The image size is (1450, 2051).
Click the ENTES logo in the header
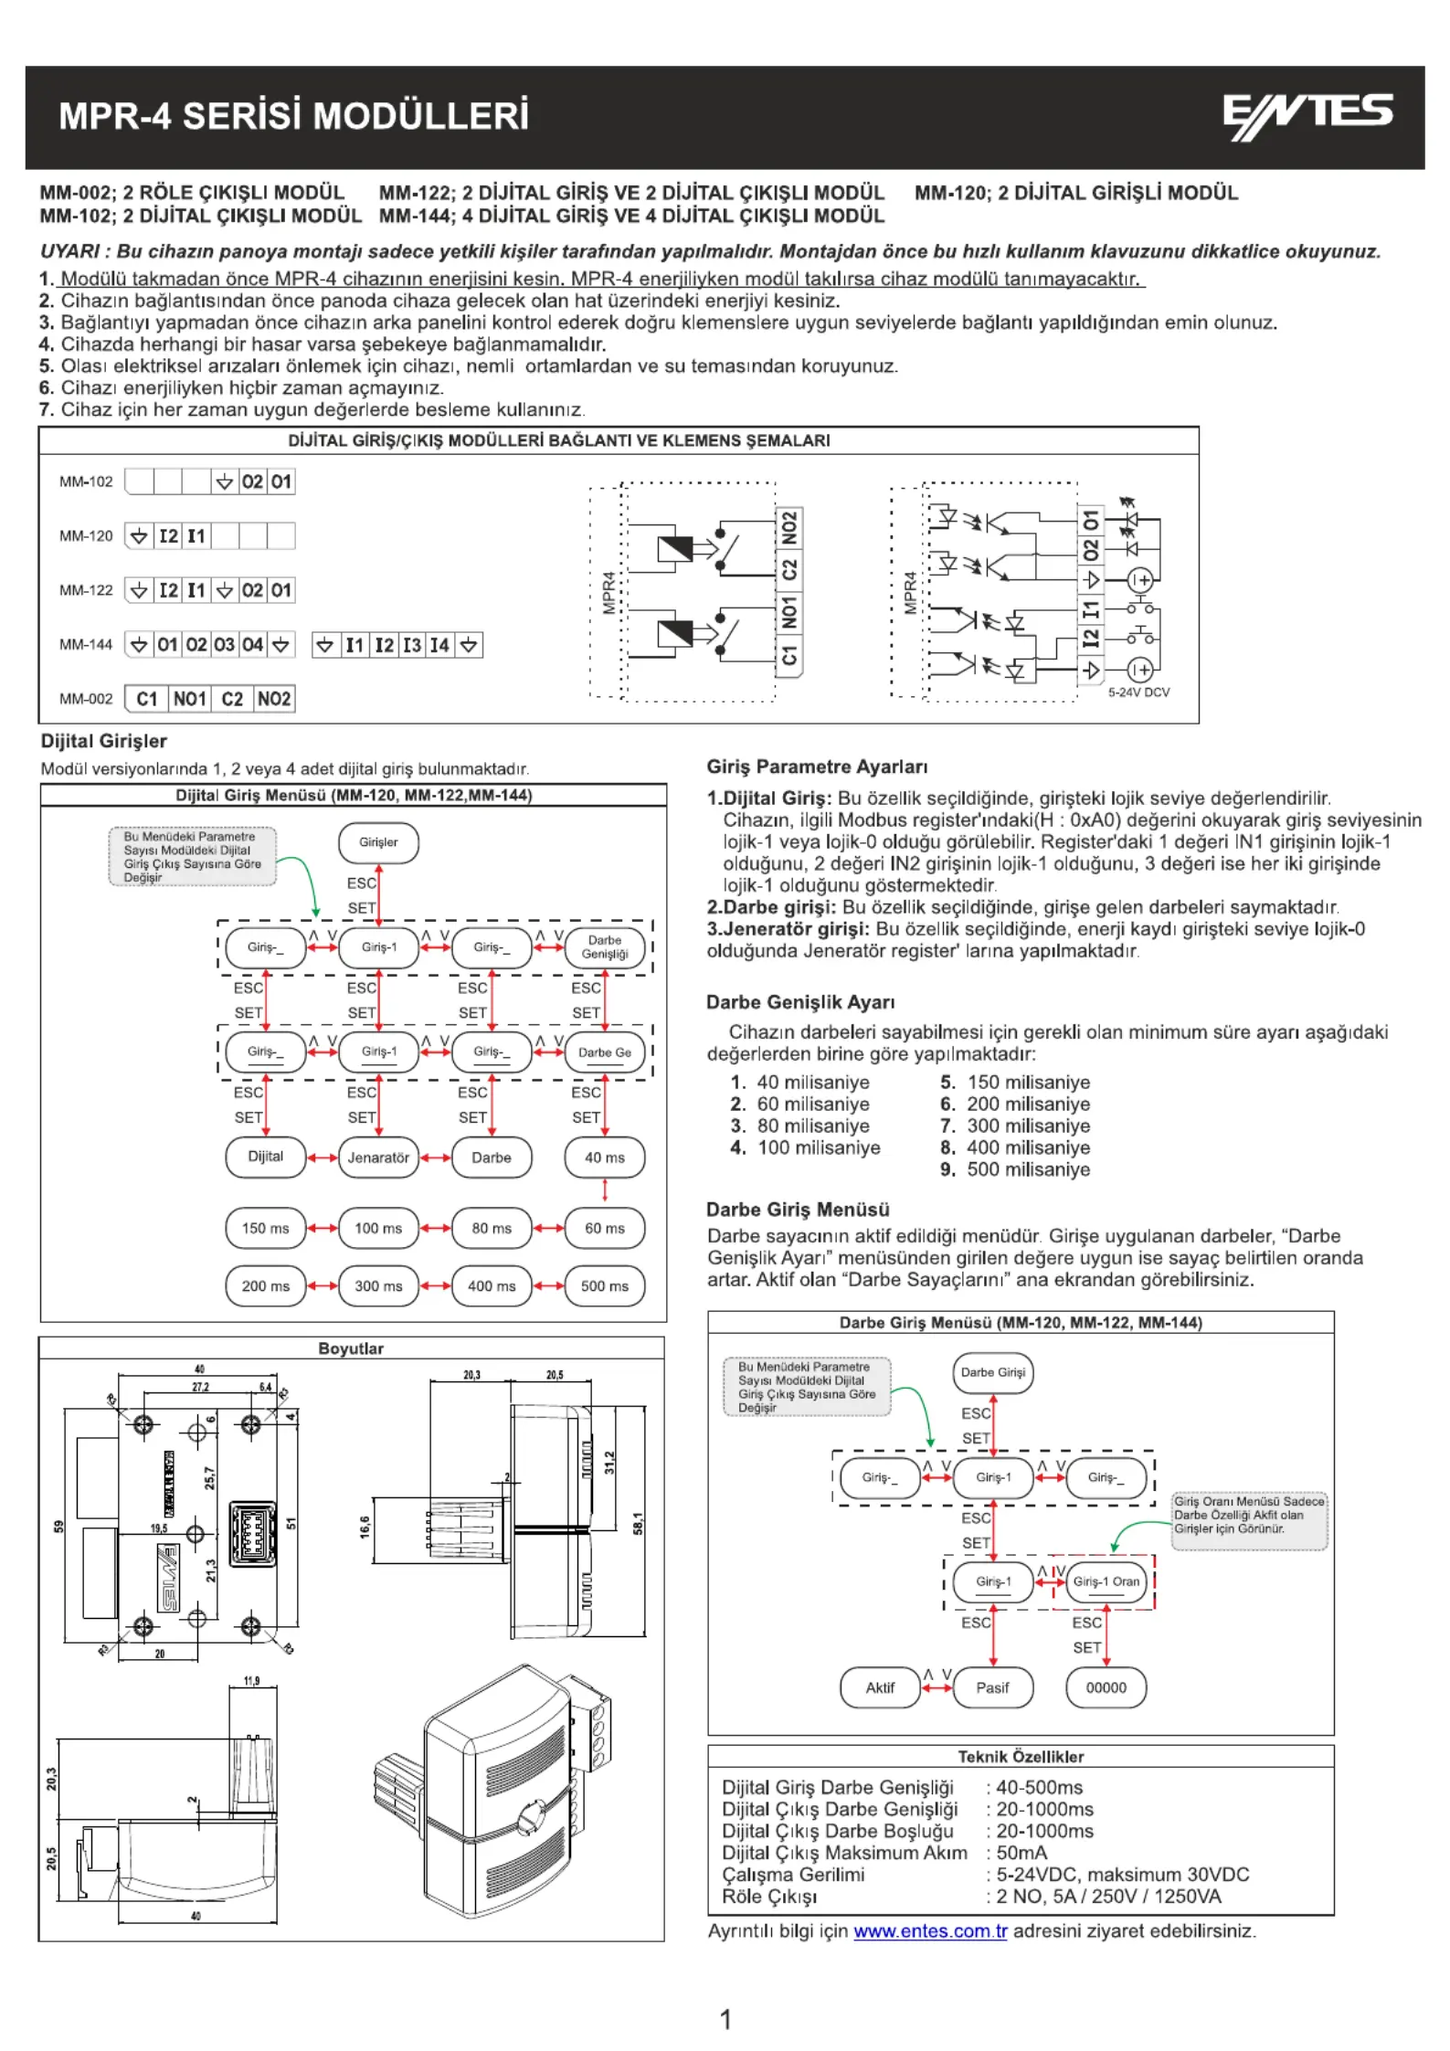tap(1307, 116)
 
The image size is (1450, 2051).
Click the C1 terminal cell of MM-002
tap(147, 699)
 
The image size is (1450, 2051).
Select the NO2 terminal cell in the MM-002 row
tap(274, 699)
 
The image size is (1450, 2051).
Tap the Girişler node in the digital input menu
tap(378, 842)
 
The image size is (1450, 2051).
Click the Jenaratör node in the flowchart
tap(378, 1158)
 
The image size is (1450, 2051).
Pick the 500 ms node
tap(605, 1286)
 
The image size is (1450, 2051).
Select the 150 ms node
tap(265, 1229)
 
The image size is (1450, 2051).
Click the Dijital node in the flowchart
tap(265, 1157)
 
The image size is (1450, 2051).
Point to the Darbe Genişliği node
tap(605, 947)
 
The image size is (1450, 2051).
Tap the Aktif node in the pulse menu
tap(880, 1687)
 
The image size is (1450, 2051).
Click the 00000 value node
tap(1106, 1687)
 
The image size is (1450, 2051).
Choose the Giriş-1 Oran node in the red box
tap(1106, 1581)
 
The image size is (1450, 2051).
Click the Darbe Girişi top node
tap(993, 1372)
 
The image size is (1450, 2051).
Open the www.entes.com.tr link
tap(930, 1931)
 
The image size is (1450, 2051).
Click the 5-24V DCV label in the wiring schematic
tap(1138, 692)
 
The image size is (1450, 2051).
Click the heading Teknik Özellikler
tap(1021, 1757)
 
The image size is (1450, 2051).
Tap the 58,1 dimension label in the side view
tap(638, 1523)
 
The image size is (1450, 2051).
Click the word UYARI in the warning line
tap(70, 252)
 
